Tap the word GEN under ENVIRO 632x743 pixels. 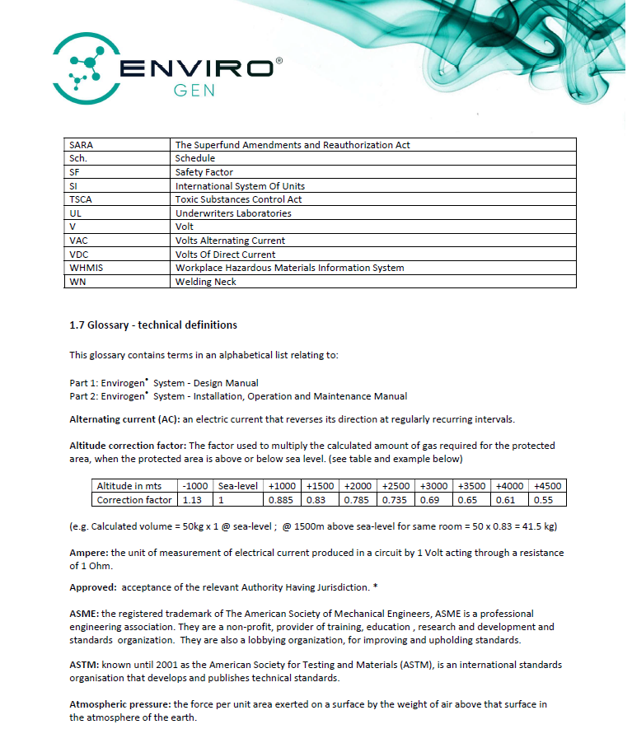[194, 90]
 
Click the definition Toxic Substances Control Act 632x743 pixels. [239, 199]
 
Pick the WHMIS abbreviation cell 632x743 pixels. [87, 268]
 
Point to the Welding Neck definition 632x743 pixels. [205, 282]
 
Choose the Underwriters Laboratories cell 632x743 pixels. [233, 213]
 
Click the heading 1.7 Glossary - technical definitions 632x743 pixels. [153, 325]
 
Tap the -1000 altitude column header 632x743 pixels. [195, 486]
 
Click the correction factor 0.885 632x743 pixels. [280, 500]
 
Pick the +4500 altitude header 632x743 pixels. [547, 486]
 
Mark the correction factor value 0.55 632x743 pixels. [544, 500]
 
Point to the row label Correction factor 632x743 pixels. [134, 500]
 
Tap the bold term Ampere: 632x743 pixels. [90, 553]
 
